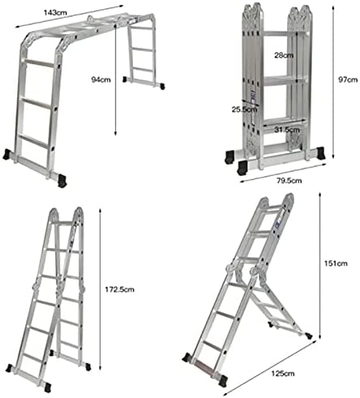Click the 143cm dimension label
(x=55, y=12)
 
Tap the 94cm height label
(x=101, y=79)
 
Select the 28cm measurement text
(x=284, y=55)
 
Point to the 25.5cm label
(x=244, y=109)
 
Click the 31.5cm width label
(x=287, y=130)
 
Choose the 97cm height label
(x=348, y=79)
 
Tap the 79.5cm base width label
(x=289, y=181)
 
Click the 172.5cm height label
(x=119, y=289)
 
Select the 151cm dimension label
(x=336, y=263)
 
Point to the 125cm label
(x=283, y=374)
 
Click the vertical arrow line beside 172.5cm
(x=101, y=289)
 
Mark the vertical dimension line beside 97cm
(x=333, y=82)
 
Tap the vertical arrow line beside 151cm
(x=319, y=265)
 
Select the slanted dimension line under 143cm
(x=70, y=16)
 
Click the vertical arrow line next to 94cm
(x=115, y=80)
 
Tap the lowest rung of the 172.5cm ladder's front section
(x=31, y=357)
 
